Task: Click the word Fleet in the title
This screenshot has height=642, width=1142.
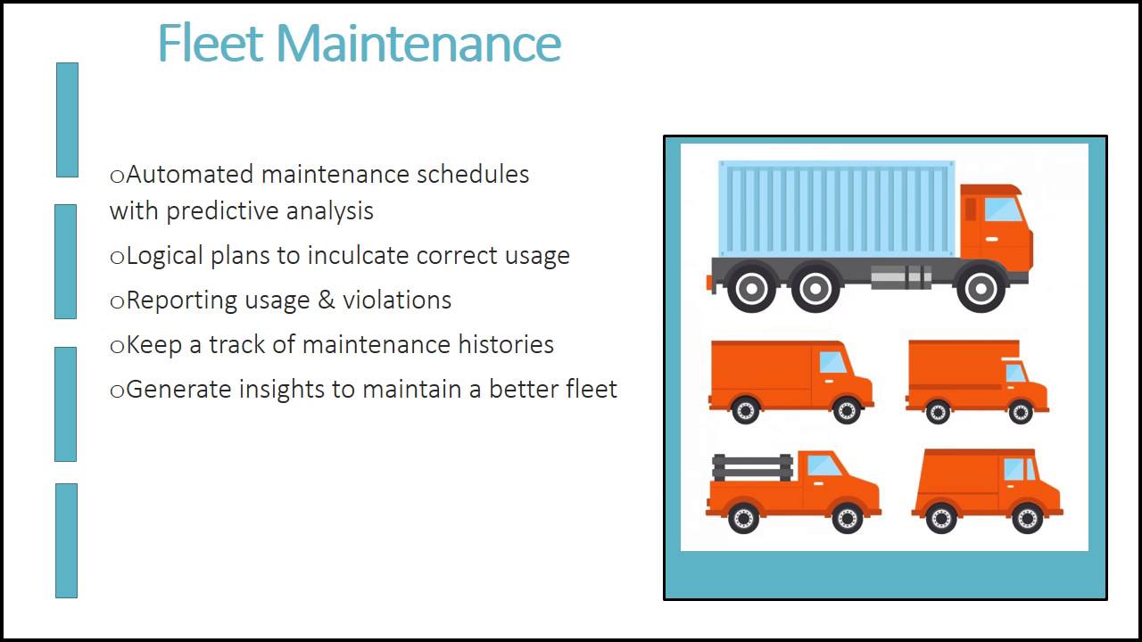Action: (211, 43)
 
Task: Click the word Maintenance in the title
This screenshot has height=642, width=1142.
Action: (418, 43)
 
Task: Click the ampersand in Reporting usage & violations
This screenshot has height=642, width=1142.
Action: (327, 300)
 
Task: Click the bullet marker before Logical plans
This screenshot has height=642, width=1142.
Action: (117, 258)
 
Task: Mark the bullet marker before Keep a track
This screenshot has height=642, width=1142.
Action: (117, 347)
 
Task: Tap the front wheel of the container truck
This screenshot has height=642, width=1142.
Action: (980, 288)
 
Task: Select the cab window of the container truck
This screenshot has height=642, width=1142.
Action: (1001, 210)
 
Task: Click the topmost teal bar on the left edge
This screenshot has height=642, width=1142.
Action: (67, 119)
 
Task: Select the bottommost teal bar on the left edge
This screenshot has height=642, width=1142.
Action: (66, 540)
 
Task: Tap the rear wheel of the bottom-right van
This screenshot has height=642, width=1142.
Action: (940, 518)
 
